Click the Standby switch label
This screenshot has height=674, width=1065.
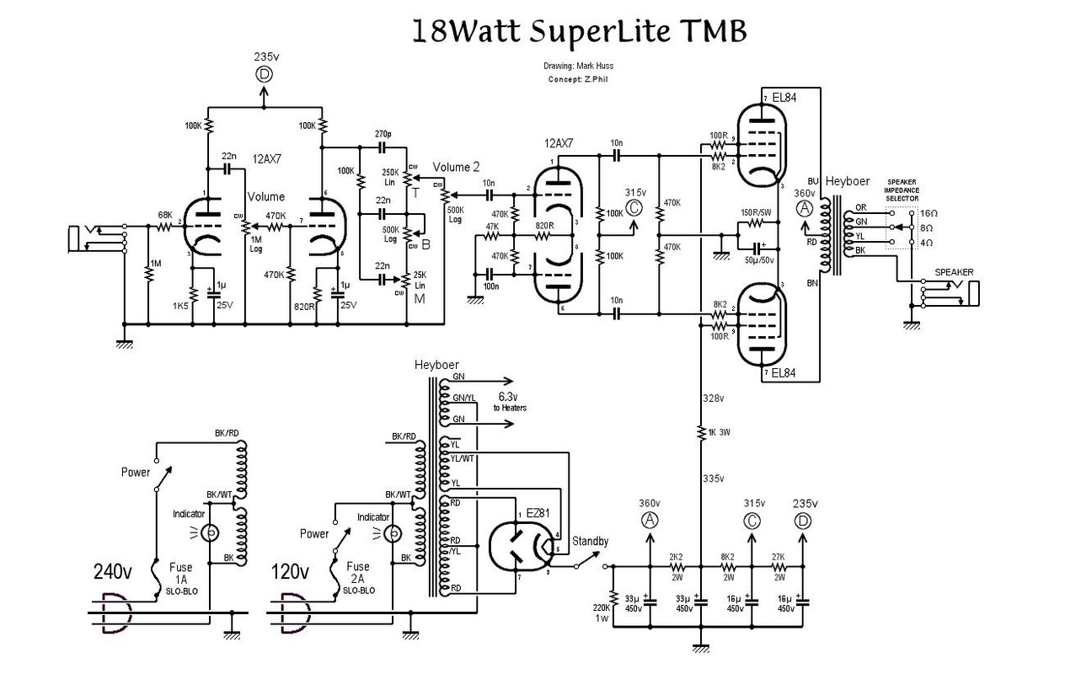(591, 541)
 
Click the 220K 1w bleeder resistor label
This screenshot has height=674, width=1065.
(600, 612)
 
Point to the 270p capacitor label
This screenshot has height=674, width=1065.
(383, 134)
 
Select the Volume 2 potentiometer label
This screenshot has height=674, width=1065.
(457, 167)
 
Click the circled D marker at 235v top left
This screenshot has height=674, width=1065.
(265, 74)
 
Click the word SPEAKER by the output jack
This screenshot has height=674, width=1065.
(953, 273)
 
